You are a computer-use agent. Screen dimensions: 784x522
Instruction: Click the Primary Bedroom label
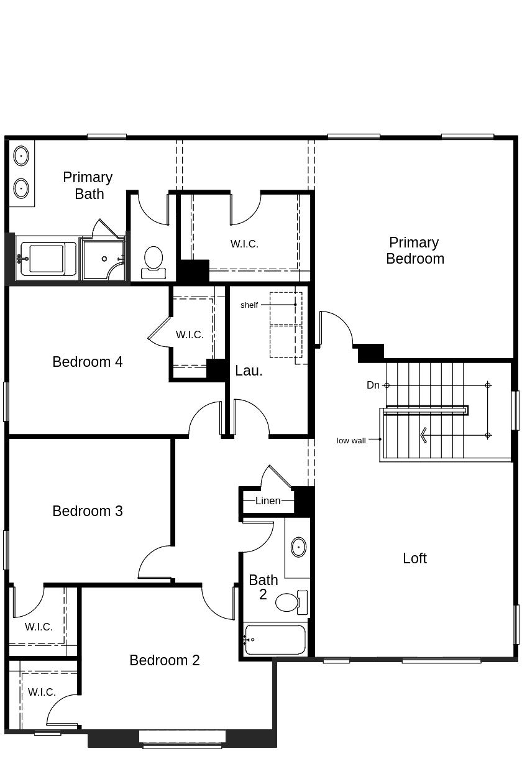[414, 251]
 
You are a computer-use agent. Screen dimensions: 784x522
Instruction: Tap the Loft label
[414, 558]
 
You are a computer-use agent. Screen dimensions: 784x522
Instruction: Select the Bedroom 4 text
[88, 362]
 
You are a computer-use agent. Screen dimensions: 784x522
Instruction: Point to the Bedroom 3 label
[88, 511]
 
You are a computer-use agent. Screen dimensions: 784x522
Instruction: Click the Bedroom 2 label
[165, 660]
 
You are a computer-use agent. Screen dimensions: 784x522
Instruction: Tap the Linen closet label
[268, 500]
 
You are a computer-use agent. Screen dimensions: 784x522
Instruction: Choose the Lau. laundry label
[249, 371]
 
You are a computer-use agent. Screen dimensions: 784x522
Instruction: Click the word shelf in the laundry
[249, 305]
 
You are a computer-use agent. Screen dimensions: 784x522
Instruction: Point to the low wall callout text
[351, 440]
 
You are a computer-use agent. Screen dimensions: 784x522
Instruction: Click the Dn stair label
[373, 385]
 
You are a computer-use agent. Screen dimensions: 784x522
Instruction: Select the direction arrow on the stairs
[424, 435]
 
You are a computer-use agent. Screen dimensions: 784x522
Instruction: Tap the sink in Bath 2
[298, 547]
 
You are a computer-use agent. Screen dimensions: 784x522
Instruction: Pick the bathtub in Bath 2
[275, 640]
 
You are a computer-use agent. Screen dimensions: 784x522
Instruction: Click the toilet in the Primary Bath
[153, 261]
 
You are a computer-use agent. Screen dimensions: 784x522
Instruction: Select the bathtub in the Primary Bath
[47, 259]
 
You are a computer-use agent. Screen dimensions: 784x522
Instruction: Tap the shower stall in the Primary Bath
[104, 259]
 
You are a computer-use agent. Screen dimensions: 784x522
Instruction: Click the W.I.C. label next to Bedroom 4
[190, 334]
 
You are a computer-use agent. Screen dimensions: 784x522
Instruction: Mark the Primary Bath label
[88, 185]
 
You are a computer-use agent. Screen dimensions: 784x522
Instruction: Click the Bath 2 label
[263, 587]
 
